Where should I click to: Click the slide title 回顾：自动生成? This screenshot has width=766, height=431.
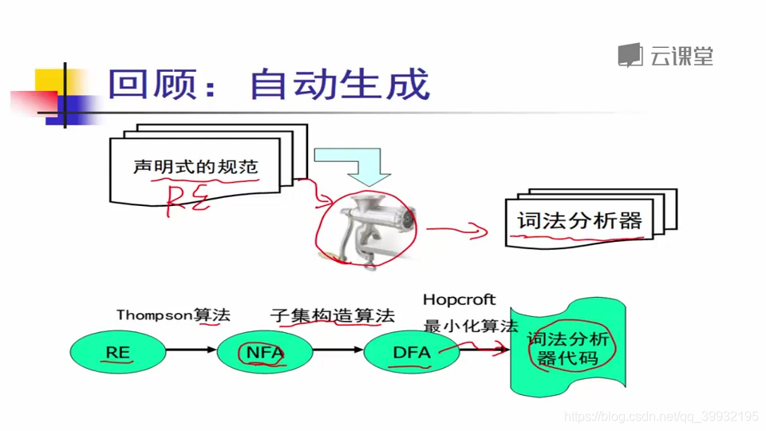click(x=269, y=85)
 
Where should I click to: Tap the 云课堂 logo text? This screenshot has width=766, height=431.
click(x=680, y=56)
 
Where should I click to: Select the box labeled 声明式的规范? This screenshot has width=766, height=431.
click(x=195, y=167)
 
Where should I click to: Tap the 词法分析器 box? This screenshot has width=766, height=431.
click(x=579, y=220)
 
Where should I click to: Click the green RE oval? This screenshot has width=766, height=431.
click(x=118, y=352)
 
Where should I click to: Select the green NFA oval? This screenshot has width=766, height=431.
click(x=264, y=352)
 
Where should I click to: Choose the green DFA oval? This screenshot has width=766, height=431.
click(x=412, y=352)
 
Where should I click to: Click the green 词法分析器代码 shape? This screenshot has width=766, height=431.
click(x=567, y=349)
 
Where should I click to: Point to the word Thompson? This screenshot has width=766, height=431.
click(x=153, y=314)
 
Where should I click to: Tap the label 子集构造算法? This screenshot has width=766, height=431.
click(x=332, y=315)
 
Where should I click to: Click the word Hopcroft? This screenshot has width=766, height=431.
click(x=459, y=300)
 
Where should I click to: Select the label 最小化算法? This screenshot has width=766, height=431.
click(x=470, y=326)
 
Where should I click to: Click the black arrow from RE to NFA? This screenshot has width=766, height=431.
click(x=191, y=350)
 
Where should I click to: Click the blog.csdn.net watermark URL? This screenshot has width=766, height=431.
click(x=661, y=417)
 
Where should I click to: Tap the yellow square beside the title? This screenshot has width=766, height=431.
click(x=51, y=82)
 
